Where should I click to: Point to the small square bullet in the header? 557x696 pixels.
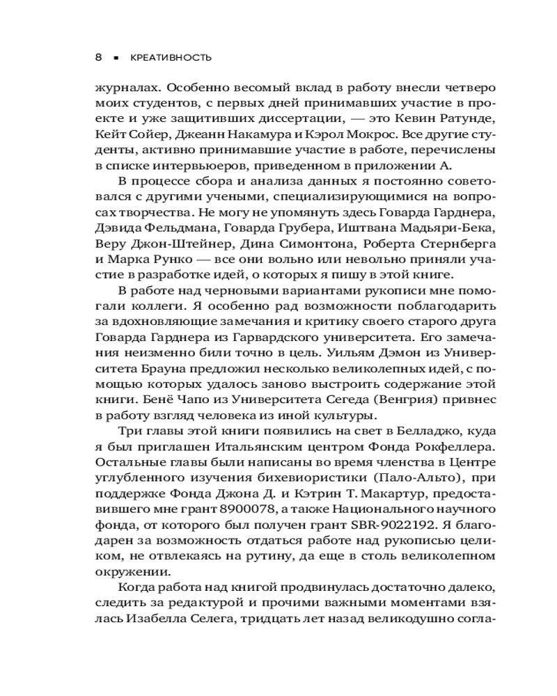(116, 57)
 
